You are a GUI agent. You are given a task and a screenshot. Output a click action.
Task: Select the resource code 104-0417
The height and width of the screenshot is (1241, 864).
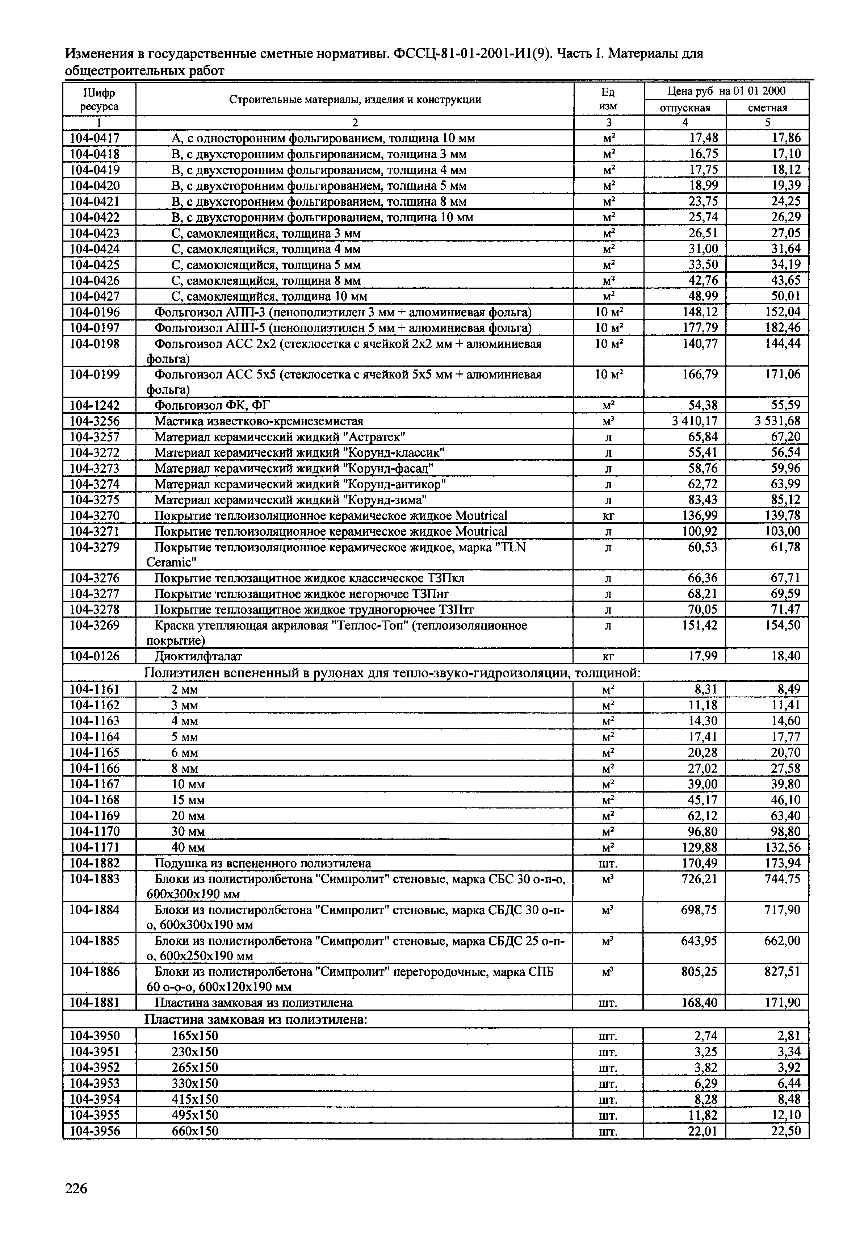point(95,138)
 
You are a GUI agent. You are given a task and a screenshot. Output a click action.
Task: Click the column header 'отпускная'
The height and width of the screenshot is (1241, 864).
point(685,108)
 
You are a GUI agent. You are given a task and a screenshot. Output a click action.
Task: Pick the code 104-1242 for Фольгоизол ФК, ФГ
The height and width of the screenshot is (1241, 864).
point(95,405)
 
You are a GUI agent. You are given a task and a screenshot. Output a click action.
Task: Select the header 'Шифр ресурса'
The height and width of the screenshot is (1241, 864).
point(100,100)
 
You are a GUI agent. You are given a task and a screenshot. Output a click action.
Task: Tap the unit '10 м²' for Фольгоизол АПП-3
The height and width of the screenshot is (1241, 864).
point(608,312)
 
